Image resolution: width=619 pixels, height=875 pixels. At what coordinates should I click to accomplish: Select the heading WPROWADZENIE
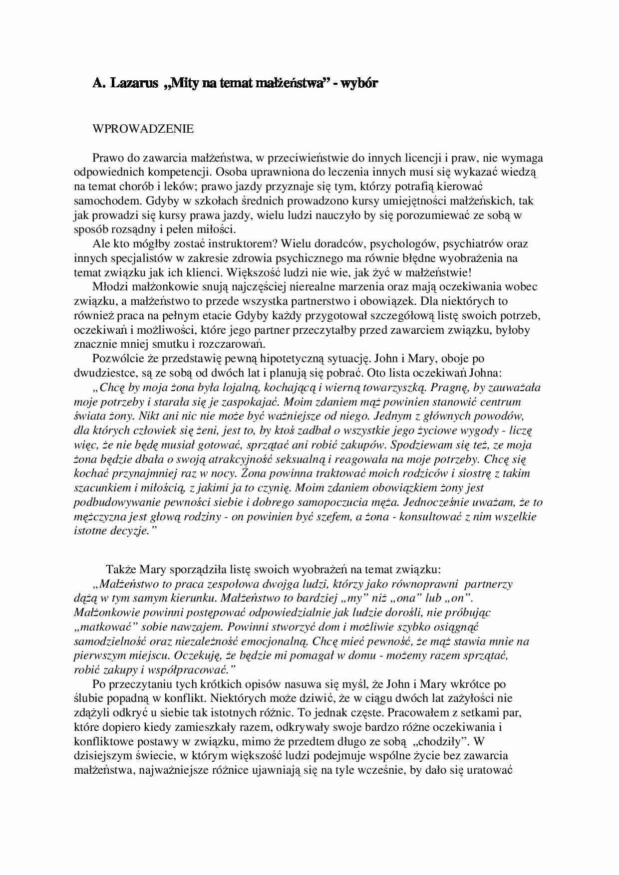coord(143,129)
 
